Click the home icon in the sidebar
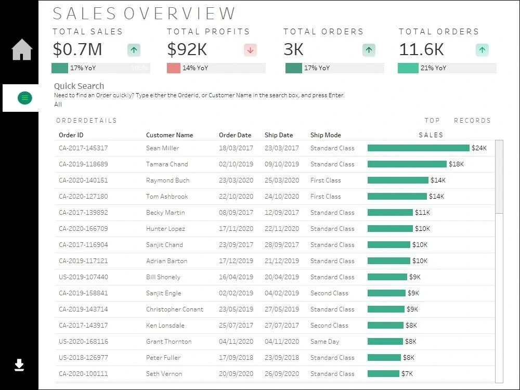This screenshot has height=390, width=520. tap(22, 50)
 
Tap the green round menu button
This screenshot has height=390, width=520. tap(24, 97)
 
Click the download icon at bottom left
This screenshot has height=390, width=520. tap(19, 365)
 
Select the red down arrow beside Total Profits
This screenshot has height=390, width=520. tap(250, 50)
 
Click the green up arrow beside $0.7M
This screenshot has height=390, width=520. tap(134, 50)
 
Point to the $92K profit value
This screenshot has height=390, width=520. tap(187, 49)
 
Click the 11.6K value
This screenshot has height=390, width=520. tap(421, 49)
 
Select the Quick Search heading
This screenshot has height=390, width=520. tap(79, 86)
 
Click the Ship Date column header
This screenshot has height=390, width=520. tap(279, 135)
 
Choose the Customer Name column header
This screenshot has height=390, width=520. tap(170, 135)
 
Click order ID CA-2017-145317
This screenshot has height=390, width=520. tap(83, 148)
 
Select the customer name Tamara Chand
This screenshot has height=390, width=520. tap(167, 164)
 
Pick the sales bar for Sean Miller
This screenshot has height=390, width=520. tap(418, 148)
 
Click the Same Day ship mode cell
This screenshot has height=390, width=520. tap(325, 342)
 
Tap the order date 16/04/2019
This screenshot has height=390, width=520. tap(236, 277)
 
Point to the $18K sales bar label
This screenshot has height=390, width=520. tap(456, 164)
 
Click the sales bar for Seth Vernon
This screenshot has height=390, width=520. tap(383, 374)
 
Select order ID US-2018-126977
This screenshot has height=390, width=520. tap(83, 358)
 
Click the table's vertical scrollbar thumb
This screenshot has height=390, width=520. tap(499, 177)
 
